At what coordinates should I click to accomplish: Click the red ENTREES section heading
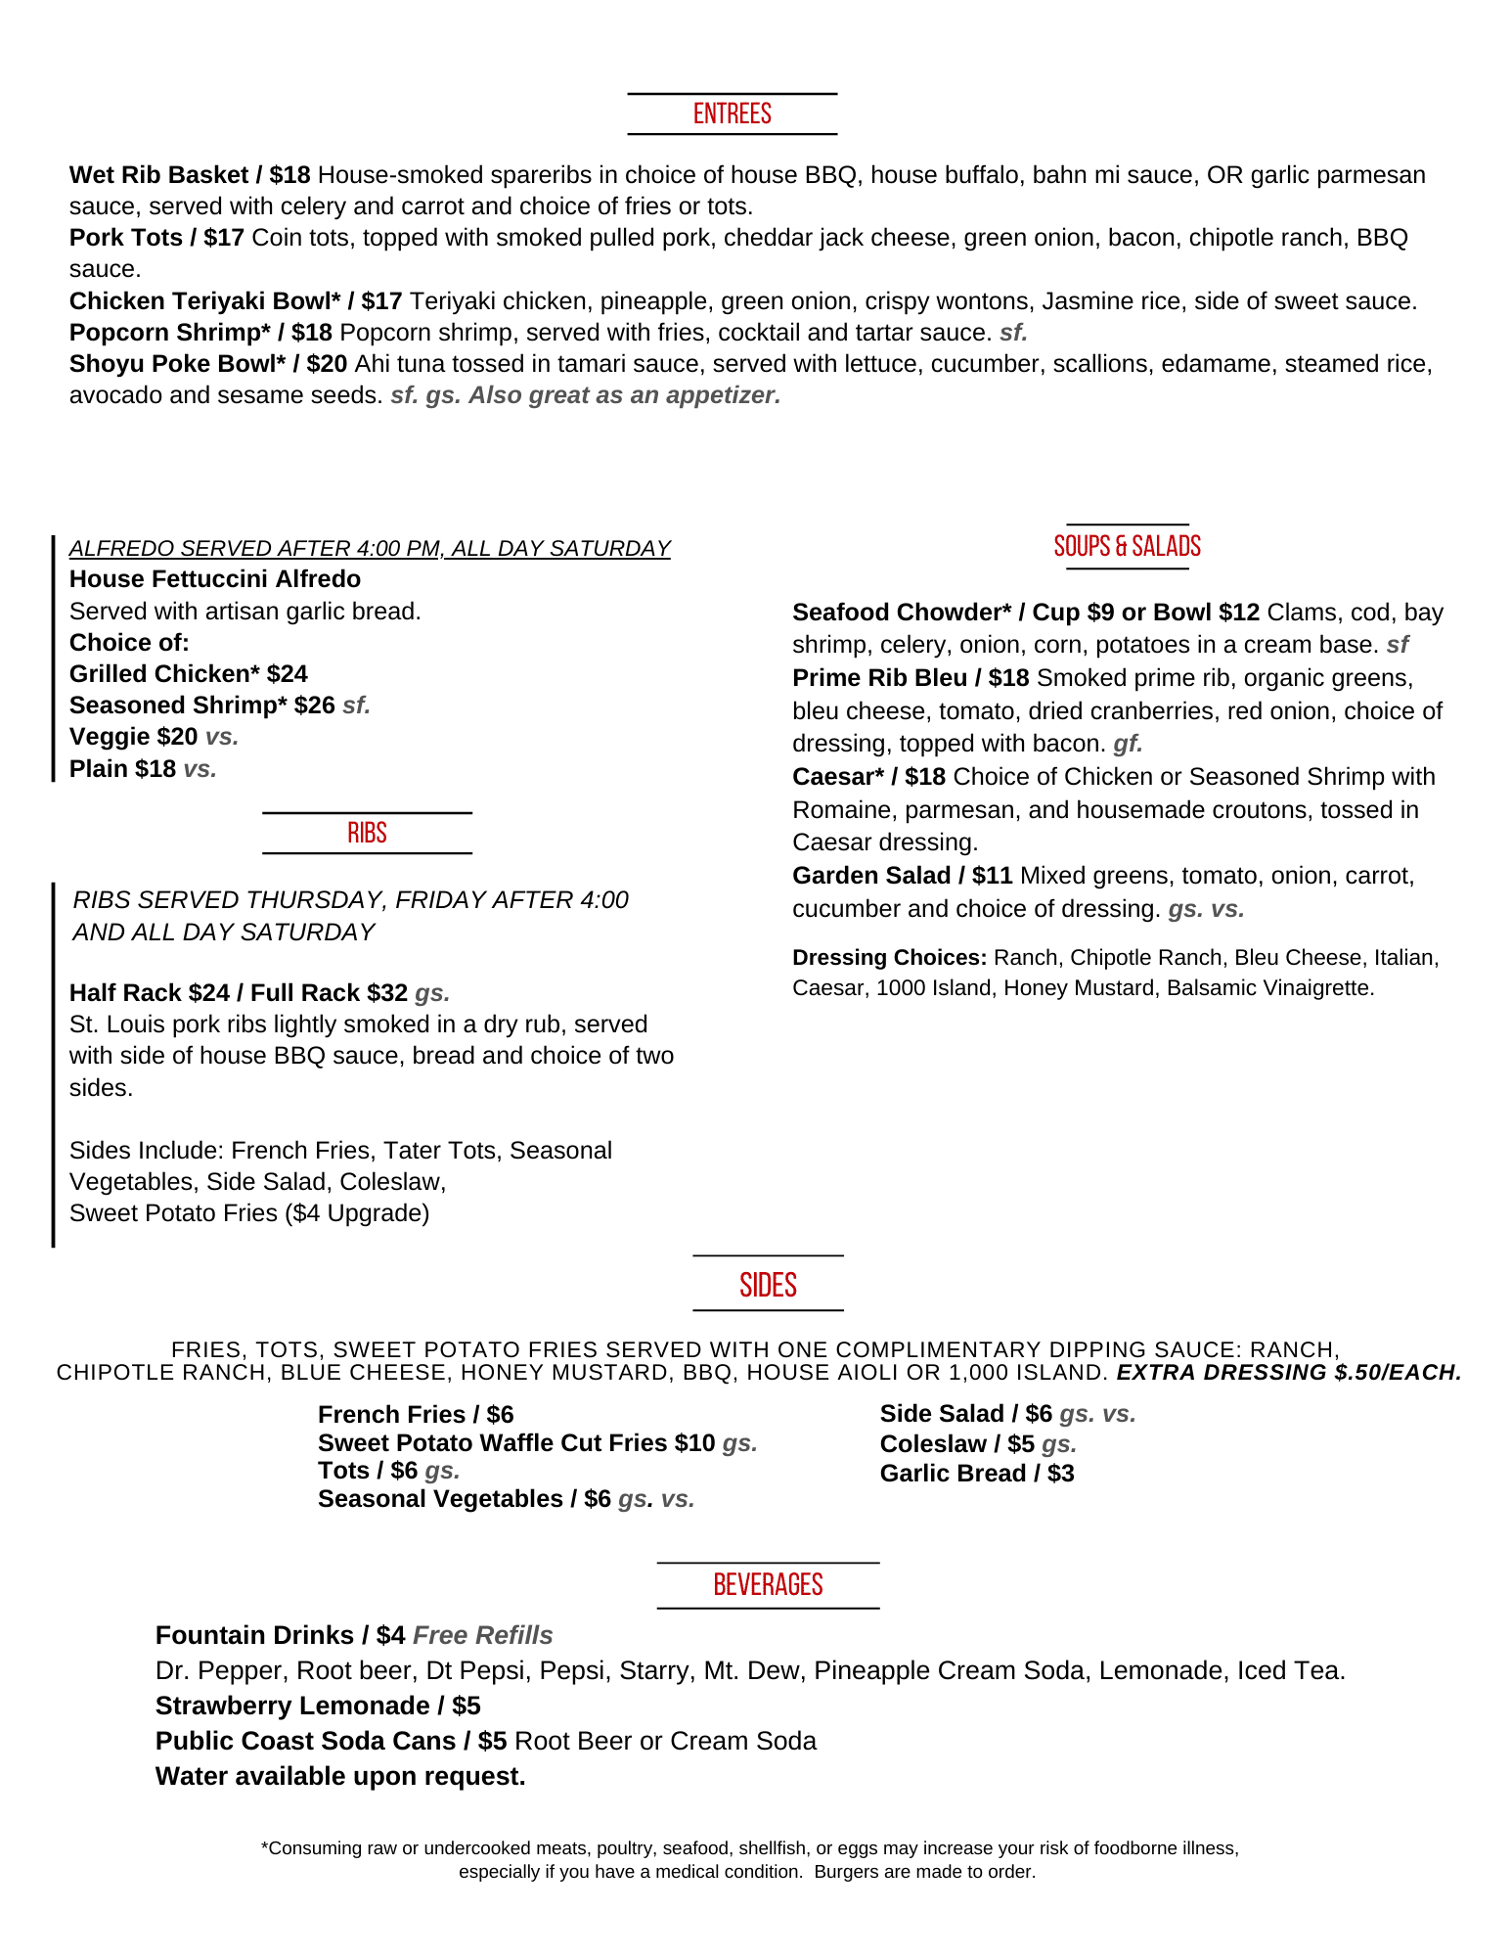tap(732, 114)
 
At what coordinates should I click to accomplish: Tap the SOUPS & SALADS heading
tap(1127, 546)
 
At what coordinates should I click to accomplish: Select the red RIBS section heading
tap(367, 833)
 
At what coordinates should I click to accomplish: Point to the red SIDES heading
tap(768, 1285)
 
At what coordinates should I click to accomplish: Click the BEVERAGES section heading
tap(768, 1584)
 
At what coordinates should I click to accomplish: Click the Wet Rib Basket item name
tap(158, 175)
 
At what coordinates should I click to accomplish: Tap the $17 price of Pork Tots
tap(224, 238)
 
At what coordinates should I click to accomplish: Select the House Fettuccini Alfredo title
tap(215, 579)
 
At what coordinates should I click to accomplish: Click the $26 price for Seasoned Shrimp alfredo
tap(314, 705)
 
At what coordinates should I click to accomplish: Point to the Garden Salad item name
tap(871, 876)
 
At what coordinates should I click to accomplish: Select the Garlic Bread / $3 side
tap(976, 1474)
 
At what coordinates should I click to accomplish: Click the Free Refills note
tap(483, 1635)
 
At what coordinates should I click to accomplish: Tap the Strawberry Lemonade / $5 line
tap(318, 1706)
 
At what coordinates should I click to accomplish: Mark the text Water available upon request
tap(340, 1776)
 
